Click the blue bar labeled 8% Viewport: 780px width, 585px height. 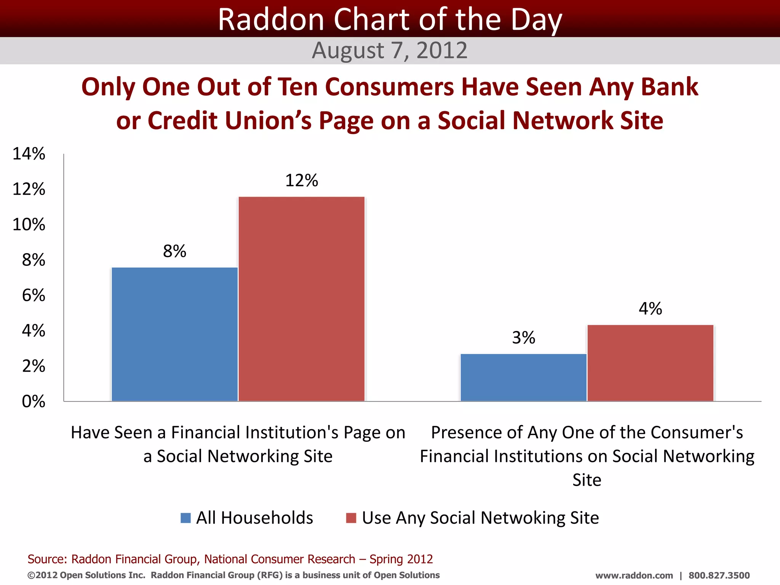[x=174, y=334]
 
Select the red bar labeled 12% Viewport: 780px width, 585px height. [x=301, y=299]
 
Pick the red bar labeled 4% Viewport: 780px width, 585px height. [x=650, y=363]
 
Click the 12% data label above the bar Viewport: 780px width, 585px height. [x=301, y=181]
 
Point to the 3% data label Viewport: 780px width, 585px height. [x=523, y=338]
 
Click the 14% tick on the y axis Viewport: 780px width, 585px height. [x=29, y=154]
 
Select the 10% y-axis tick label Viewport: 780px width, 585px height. [x=29, y=225]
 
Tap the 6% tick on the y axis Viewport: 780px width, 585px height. [x=34, y=296]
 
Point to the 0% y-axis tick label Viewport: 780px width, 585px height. [x=34, y=401]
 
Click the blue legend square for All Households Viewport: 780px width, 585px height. [x=185, y=518]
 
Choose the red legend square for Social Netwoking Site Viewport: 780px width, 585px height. [x=351, y=518]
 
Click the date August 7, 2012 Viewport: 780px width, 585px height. [x=390, y=50]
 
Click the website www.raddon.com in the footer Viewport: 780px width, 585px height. [x=634, y=575]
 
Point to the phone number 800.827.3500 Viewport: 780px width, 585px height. [x=719, y=575]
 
